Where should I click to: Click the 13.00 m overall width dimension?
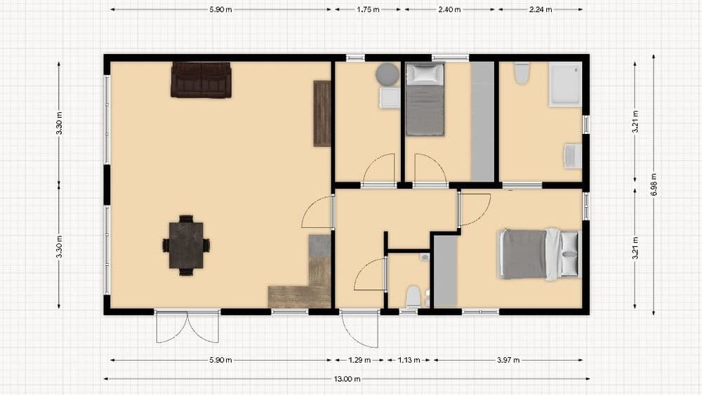coord(347,379)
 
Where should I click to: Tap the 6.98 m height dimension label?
coord(654,185)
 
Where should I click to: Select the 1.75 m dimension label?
coord(368,9)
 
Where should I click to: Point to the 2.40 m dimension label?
coord(449,9)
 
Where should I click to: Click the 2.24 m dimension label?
coord(541,9)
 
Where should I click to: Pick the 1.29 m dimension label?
coord(359,360)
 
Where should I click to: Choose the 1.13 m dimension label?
coord(409,360)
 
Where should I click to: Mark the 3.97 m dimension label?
coord(508,360)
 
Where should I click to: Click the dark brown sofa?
coord(201,79)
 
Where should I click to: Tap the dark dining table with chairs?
coord(186,245)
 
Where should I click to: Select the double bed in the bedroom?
coord(538,254)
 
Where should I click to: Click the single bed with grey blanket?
coord(425,99)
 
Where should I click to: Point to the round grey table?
coord(388,74)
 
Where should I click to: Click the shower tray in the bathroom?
coord(565,84)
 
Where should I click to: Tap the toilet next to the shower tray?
coord(522,73)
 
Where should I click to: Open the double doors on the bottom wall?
coord(187,326)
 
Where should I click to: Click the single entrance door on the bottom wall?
coord(359,329)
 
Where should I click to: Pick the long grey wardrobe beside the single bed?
coord(482,121)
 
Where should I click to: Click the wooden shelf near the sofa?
coord(322,113)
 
